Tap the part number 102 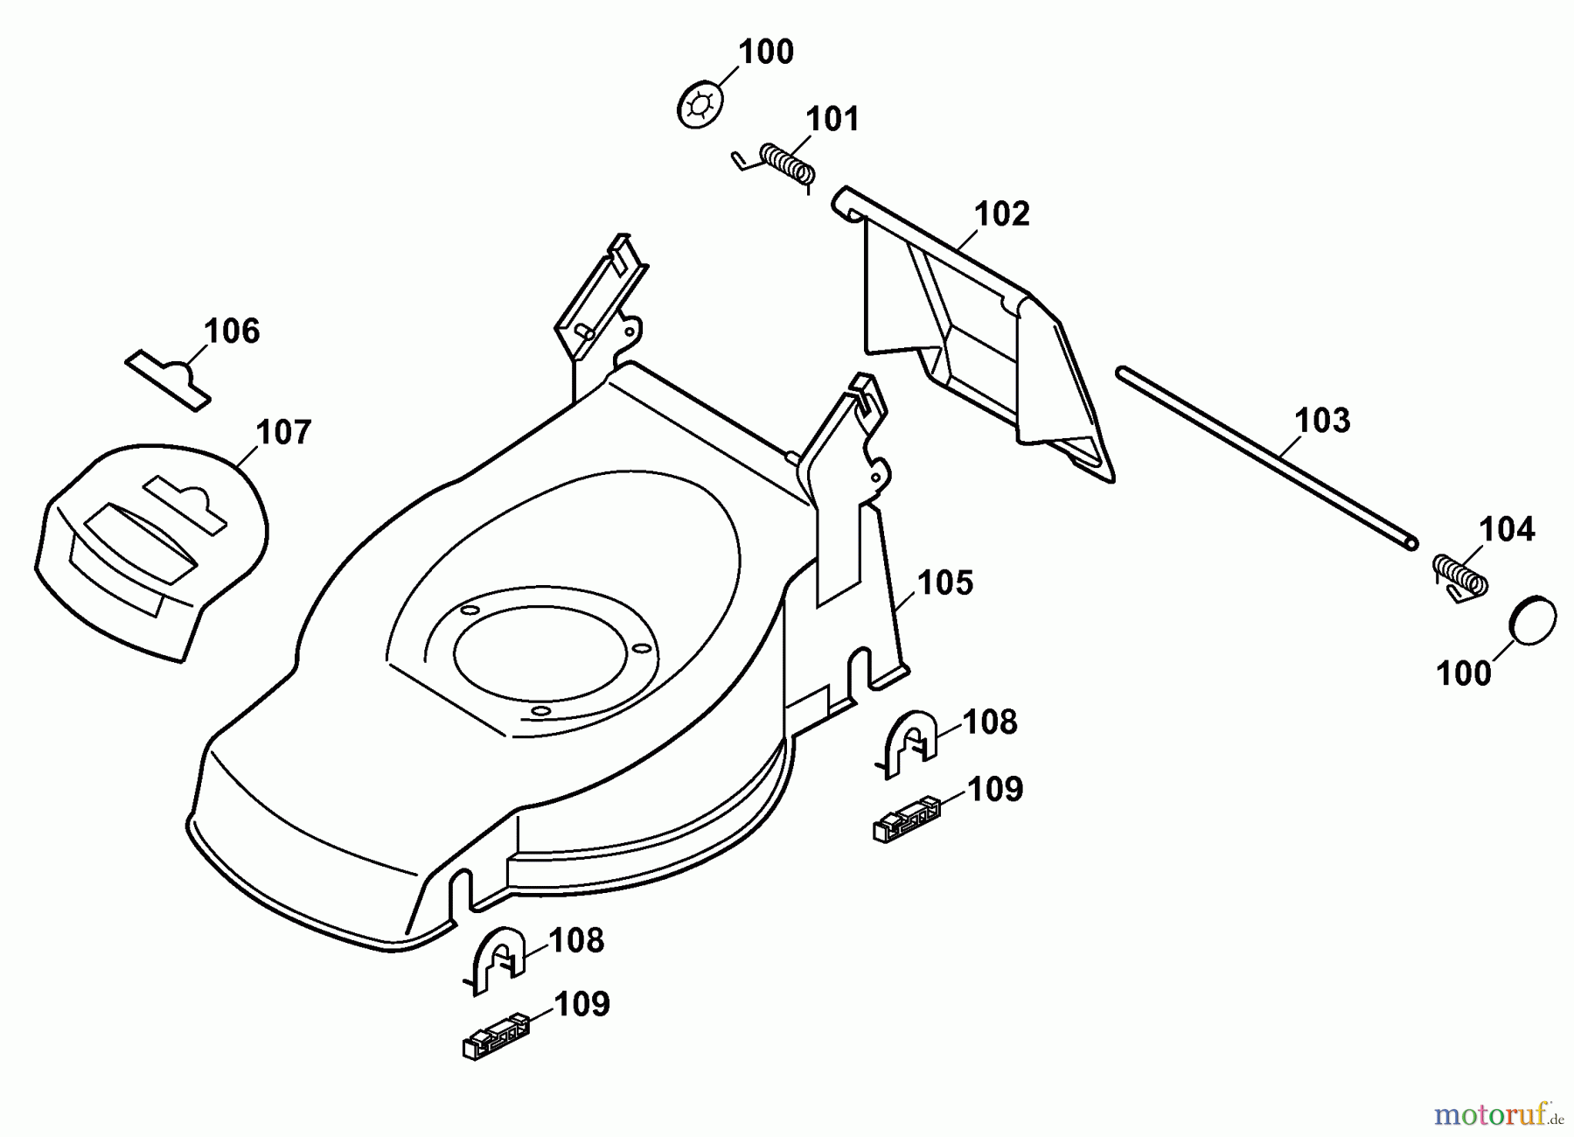[x=1001, y=214]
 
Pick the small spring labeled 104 [x=1459, y=577]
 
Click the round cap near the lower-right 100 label [x=1534, y=621]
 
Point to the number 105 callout [x=945, y=583]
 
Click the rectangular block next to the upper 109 [x=907, y=820]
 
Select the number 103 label [x=1322, y=421]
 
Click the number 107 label [x=283, y=433]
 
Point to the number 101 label [x=832, y=120]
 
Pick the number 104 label [x=1507, y=530]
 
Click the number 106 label [x=232, y=331]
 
